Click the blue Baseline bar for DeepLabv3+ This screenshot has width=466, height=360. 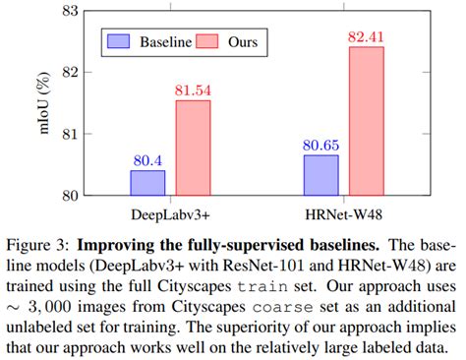[x=147, y=182]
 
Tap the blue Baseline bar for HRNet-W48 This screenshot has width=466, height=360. [x=321, y=174]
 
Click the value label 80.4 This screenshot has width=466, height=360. [x=147, y=159]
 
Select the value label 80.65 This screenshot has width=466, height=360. [x=321, y=145]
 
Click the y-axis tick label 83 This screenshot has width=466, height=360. [x=70, y=11]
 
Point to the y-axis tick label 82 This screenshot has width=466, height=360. [x=70, y=72]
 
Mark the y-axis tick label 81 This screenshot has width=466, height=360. [x=70, y=133]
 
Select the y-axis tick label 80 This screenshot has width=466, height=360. [x=70, y=195]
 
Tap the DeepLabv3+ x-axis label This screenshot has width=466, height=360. [x=170, y=211]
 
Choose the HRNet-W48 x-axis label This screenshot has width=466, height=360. [x=344, y=211]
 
